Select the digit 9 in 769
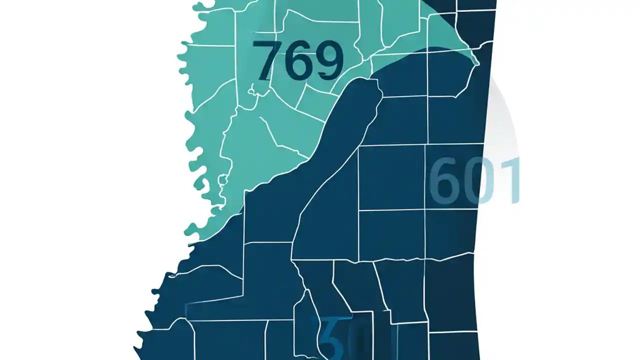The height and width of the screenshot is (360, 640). tap(328, 61)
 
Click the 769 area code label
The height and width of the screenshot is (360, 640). tap(298, 61)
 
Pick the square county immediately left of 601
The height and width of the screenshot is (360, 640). tap(391, 177)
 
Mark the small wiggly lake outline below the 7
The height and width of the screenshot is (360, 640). tap(256, 90)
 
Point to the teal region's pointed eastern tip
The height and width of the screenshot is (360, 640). tap(477, 62)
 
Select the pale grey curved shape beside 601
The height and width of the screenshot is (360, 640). tap(507, 125)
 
